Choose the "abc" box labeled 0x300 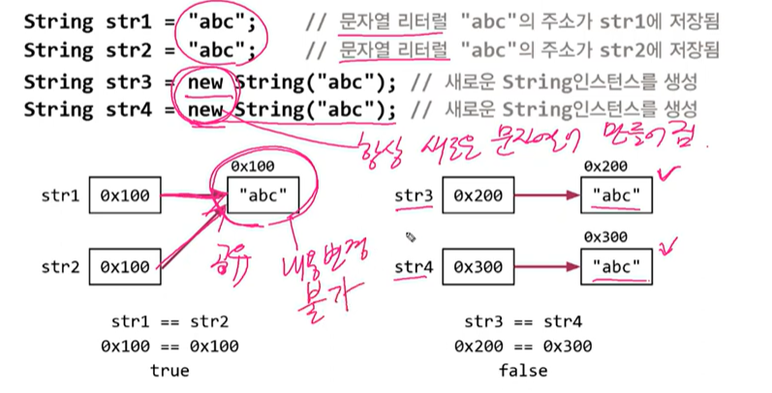tap(620, 266)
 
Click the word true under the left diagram tap(170, 370)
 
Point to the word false tap(524, 370)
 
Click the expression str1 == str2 tap(170, 321)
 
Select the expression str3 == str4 tap(524, 321)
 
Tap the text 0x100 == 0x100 tap(170, 346)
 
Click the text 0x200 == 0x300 tap(524, 346)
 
